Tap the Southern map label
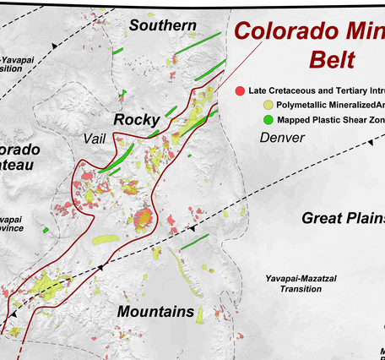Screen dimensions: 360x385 pos(162,25)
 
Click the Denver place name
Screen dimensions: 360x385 pos(282,137)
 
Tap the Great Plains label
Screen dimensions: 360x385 pos(343,218)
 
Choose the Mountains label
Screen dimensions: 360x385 pos(155,312)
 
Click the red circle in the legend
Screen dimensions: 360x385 pos(241,90)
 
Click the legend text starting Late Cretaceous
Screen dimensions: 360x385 pos(317,90)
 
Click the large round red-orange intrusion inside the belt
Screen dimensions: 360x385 pos(143,220)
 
